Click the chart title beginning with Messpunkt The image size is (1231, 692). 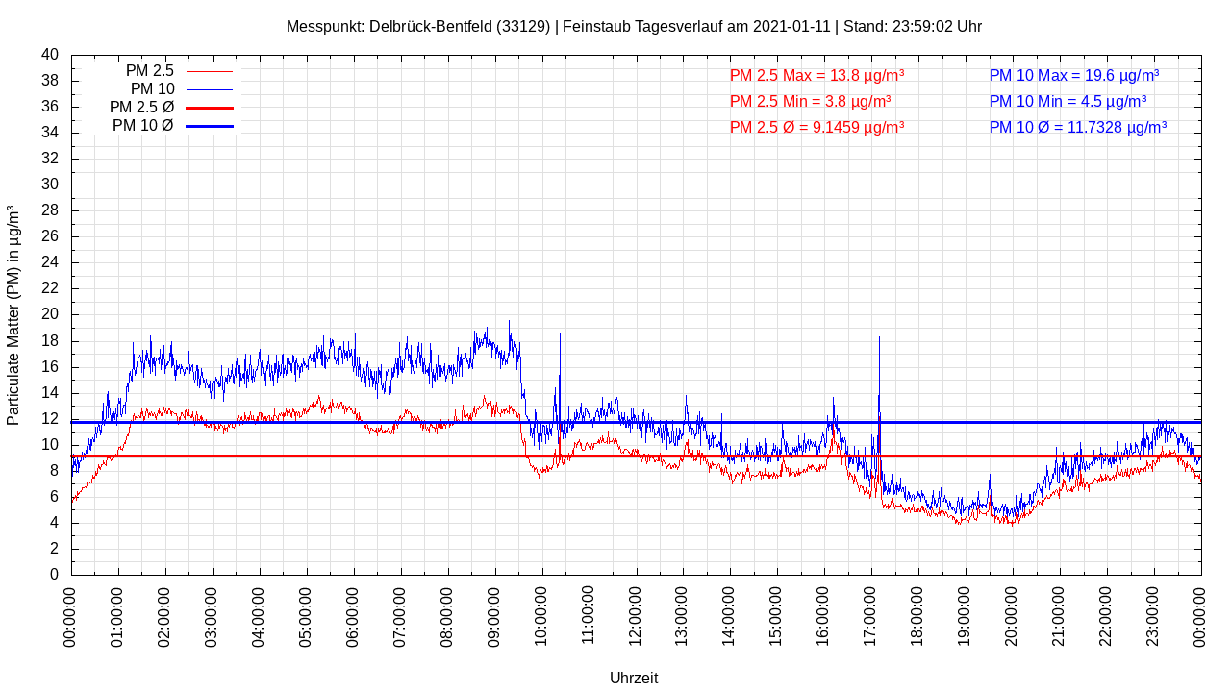[634, 27]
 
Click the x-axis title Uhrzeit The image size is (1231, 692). [634, 678]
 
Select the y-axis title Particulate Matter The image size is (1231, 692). [13, 314]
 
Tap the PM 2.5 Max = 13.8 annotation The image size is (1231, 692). [816, 75]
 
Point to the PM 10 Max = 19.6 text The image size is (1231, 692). [1073, 75]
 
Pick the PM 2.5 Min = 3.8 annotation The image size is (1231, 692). [810, 101]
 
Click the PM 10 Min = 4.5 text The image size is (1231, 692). [1068, 101]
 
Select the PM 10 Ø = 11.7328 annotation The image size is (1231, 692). [1077, 127]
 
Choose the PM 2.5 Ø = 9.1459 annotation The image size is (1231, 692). [816, 127]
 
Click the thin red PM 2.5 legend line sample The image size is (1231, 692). [209, 71]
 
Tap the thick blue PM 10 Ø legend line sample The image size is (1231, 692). [209, 126]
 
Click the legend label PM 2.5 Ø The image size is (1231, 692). [141, 108]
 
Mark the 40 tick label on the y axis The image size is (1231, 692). [50, 55]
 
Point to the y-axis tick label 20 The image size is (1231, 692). [50, 314]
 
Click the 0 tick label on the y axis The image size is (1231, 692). [54, 575]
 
